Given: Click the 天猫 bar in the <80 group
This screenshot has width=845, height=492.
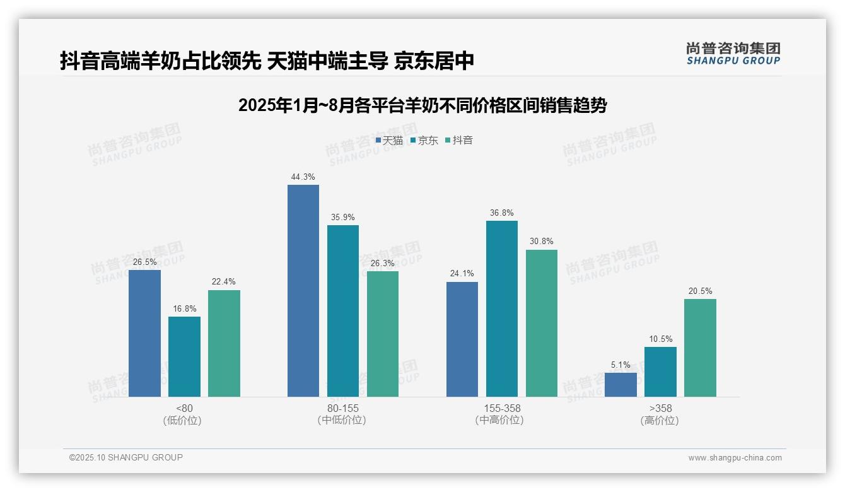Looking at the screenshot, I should [x=144, y=333].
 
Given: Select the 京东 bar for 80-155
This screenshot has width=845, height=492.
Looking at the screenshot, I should [x=342, y=311].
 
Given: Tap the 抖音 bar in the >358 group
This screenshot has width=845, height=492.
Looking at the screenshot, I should [x=700, y=348].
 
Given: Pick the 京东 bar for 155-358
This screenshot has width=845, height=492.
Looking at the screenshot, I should [x=501, y=308].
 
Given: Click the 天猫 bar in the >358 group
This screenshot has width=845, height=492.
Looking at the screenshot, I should [x=621, y=385].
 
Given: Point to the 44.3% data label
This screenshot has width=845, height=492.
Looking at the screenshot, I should [x=303, y=177].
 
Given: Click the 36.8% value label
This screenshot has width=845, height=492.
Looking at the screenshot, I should [x=501, y=213].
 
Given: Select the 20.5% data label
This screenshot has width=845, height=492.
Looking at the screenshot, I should [x=700, y=291].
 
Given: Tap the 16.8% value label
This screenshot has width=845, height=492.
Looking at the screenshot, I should [x=184, y=309].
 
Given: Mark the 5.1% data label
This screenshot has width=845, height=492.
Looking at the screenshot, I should [x=621, y=365].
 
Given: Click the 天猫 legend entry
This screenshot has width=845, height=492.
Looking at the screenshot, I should [x=389, y=141].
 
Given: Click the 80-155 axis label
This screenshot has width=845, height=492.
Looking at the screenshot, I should [x=342, y=408].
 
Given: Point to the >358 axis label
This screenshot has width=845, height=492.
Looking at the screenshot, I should [x=660, y=408].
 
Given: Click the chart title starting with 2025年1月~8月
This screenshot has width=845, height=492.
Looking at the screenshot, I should [x=422, y=105].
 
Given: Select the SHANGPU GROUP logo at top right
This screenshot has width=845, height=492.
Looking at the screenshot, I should [x=733, y=54].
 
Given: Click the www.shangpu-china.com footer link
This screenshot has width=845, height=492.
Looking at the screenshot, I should [x=735, y=458].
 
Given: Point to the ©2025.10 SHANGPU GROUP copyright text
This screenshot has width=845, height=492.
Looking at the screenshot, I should [x=126, y=457].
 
